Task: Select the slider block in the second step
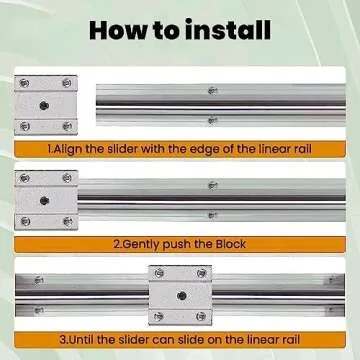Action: tap(46, 200)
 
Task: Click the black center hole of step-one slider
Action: tap(45, 104)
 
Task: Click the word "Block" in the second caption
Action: tap(230, 244)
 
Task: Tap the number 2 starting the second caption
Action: tap(116, 244)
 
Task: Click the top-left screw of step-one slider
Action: tap(24, 83)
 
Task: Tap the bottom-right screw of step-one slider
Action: tap(66, 126)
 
